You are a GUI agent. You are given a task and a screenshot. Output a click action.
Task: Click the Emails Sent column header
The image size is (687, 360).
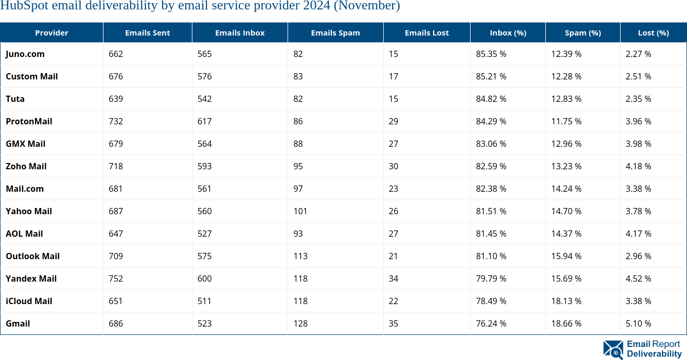pyautogui.click(x=147, y=33)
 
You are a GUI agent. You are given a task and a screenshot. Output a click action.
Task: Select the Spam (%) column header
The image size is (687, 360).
pyautogui.click(x=582, y=33)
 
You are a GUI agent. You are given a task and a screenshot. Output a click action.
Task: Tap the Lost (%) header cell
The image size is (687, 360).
pyautogui.click(x=653, y=33)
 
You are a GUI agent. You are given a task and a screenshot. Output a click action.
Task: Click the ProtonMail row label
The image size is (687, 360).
pyautogui.click(x=29, y=121)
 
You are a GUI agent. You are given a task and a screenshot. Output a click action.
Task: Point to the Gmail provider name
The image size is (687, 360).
pyautogui.click(x=18, y=323)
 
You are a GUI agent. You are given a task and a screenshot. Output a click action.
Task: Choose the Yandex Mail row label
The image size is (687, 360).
pyautogui.click(x=31, y=278)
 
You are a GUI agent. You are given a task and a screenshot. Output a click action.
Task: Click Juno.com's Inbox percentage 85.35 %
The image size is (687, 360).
pyautogui.click(x=491, y=54)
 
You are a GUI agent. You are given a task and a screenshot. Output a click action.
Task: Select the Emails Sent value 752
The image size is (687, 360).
pyautogui.click(x=116, y=278)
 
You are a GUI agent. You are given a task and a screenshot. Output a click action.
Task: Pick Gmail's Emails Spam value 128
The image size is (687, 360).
pyautogui.click(x=301, y=323)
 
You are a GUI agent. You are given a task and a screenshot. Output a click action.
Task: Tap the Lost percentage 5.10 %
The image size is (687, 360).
pyautogui.click(x=638, y=323)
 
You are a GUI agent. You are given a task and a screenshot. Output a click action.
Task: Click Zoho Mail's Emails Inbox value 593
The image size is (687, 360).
pyautogui.click(x=204, y=166)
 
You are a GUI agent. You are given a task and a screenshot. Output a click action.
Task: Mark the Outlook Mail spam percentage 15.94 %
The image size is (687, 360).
pyautogui.click(x=566, y=256)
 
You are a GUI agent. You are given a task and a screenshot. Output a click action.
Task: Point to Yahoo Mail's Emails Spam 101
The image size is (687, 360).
pyautogui.click(x=300, y=211)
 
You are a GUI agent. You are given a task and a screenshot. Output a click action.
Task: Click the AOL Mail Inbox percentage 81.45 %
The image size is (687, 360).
pyautogui.click(x=491, y=234)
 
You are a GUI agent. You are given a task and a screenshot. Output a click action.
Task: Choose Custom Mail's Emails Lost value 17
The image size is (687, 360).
pyautogui.click(x=393, y=76)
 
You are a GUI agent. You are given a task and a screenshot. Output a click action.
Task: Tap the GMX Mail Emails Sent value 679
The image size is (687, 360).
pyautogui.click(x=116, y=144)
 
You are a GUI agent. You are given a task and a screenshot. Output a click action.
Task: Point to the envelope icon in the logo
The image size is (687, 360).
pyautogui.click(x=613, y=349)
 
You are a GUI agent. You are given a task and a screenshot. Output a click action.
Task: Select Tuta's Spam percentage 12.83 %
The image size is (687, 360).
pyautogui.click(x=566, y=99)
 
